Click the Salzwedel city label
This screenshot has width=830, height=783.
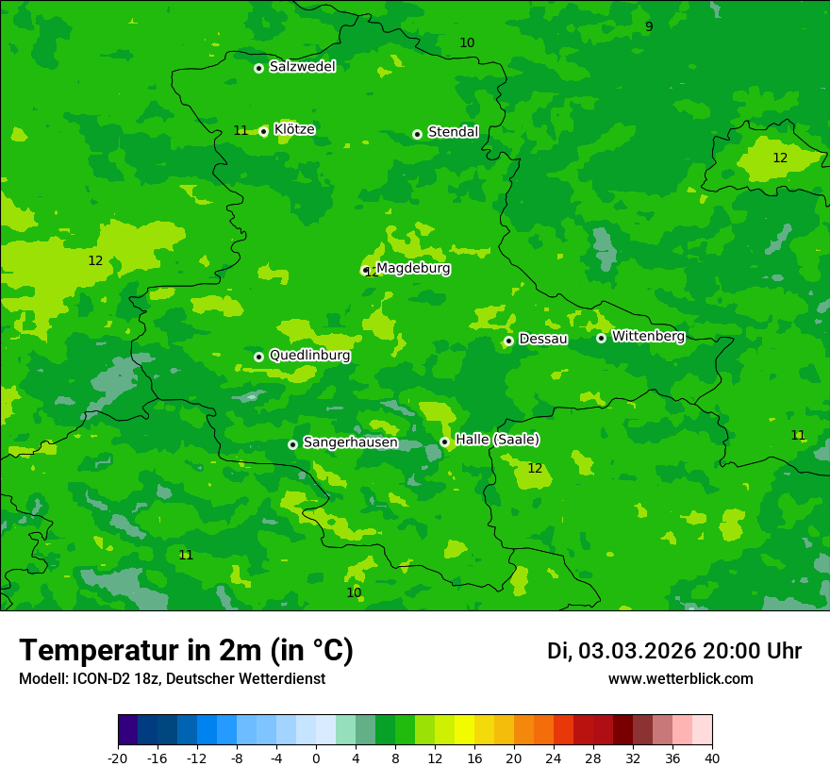pyautogui.click(x=302, y=67)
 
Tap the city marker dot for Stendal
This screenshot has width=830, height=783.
pyautogui.click(x=417, y=134)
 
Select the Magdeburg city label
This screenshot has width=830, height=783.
pyautogui.click(x=413, y=268)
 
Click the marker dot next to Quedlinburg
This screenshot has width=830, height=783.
pyautogui.click(x=258, y=357)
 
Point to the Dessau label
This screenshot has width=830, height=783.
pyautogui.click(x=543, y=339)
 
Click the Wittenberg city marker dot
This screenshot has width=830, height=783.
pyautogui.click(x=601, y=338)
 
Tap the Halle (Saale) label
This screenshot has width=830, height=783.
pyautogui.click(x=497, y=440)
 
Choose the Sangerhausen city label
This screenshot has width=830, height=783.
pyautogui.click(x=350, y=442)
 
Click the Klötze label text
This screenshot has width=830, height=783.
pyautogui.click(x=294, y=129)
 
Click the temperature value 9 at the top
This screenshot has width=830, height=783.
pyautogui.click(x=649, y=26)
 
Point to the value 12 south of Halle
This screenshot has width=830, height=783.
pyautogui.click(x=535, y=468)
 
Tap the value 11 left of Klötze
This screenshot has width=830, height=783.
pyautogui.click(x=241, y=130)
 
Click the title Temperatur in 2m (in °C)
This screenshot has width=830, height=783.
pyautogui.click(x=186, y=650)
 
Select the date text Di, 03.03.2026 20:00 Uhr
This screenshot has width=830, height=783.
pyautogui.click(x=674, y=651)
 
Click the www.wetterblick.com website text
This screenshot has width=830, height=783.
pyautogui.click(x=681, y=678)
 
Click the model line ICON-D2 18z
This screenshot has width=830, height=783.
pyautogui.click(x=172, y=678)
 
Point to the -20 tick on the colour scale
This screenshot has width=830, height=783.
pyautogui.click(x=118, y=758)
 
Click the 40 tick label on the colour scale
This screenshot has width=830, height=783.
pyautogui.click(x=711, y=758)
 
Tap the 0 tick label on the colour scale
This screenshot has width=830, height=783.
pyautogui.click(x=316, y=758)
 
